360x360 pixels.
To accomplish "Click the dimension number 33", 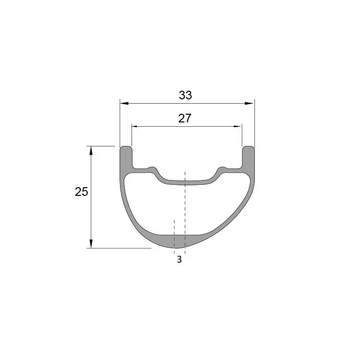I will click(x=185, y=95).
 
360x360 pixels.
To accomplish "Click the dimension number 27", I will click(x=185, y=119).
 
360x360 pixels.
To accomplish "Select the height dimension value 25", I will click(x=82, y=192).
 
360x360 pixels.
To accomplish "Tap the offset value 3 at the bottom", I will click(x=179, y=260).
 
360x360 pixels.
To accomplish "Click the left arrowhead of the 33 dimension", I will click(x=123, y=103).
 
